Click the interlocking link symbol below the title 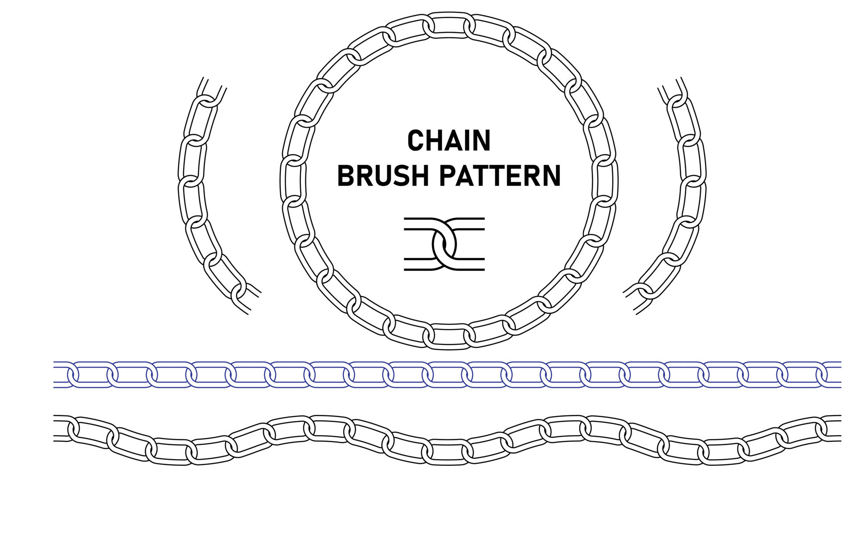click(x=444, y=244)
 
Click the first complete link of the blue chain click(x=93, y=374)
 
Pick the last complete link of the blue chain click(x=803, y=374)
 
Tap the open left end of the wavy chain click(x=60, y=428)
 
